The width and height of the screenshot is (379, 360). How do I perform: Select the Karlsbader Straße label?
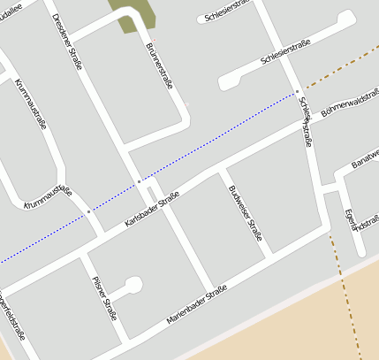tap(153, 208)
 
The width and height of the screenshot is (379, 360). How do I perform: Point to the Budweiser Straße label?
tap(245, 211)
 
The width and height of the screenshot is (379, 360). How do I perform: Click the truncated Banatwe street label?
tap(364, 154)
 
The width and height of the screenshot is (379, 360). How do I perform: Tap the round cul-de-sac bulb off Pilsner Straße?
tap(133, 285)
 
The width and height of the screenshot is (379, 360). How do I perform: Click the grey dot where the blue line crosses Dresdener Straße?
tap(139, 180)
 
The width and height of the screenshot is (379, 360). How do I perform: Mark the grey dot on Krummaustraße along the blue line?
tap(88, 212)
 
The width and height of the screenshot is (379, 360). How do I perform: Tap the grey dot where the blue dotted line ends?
tap(298, 91)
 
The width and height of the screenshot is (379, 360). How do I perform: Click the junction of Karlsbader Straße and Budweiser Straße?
tap(222, 170)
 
